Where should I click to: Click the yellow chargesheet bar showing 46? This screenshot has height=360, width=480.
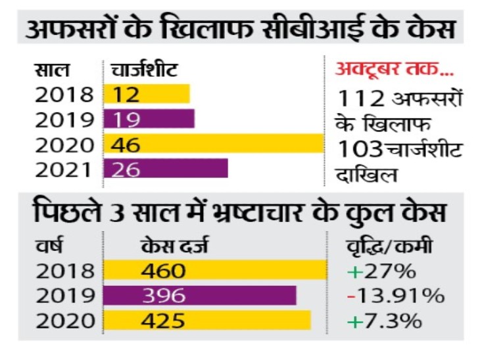[214, 144]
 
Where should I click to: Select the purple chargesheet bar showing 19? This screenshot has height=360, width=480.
[149, 119]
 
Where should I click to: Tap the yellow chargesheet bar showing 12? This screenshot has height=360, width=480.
[147, 94]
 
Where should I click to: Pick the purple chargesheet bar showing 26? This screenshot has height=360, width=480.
[166, 169]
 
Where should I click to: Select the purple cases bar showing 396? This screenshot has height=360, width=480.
[200, 296]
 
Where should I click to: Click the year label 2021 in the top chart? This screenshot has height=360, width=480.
[64, 169]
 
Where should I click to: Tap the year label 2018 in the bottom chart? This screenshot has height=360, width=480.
[64, 271]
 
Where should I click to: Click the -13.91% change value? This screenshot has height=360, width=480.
[395, 296]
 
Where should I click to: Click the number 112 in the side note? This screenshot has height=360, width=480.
[360, 99]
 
